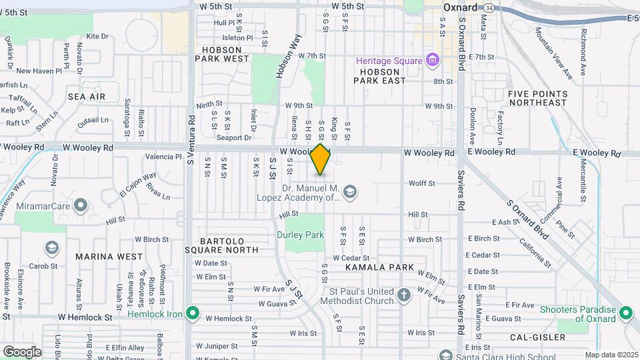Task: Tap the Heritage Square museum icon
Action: tap(432, 61)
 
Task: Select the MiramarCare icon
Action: tap(81, 205)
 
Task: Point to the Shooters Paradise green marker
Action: tap(625, 312)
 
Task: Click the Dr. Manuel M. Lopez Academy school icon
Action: tap(351, 193)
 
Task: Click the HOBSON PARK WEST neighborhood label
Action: tap(222, 54)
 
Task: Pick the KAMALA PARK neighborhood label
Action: tap(380, 267)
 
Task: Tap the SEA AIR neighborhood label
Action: tap(87, 97)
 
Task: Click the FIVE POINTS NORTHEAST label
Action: tap(537, 98)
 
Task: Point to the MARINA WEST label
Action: tap(109, 256)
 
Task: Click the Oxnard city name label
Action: tap(461, 7)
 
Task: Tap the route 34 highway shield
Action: tap(490, 7)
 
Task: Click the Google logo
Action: tap(22, 351)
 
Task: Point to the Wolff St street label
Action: tap(421, 183)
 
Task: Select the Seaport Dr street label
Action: tap(238, 138)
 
